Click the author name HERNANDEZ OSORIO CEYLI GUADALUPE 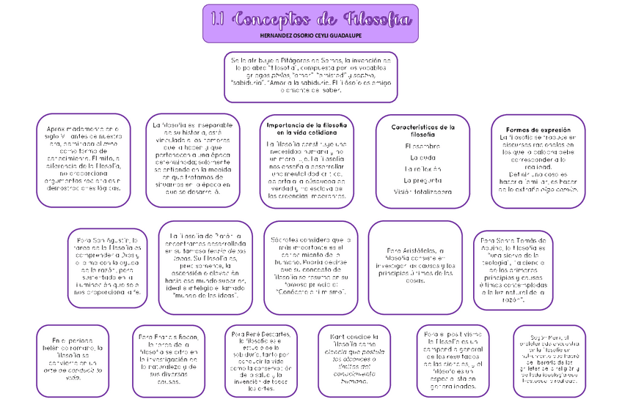coord(310,35)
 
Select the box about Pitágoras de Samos coord(310,76)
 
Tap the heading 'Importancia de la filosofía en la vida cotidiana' coord(307,130)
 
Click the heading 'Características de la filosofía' coord(422,130)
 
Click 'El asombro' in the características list coord(422,146)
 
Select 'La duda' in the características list coord(422,158)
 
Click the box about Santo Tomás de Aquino coord(515,269)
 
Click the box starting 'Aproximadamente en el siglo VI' coord(82,159)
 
